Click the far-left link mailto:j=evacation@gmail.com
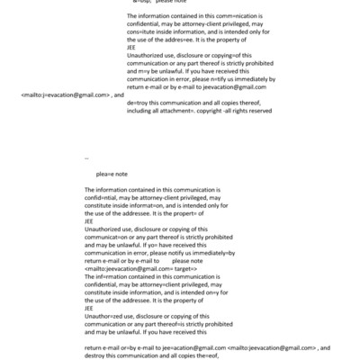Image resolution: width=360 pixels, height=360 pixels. pos(65,94)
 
